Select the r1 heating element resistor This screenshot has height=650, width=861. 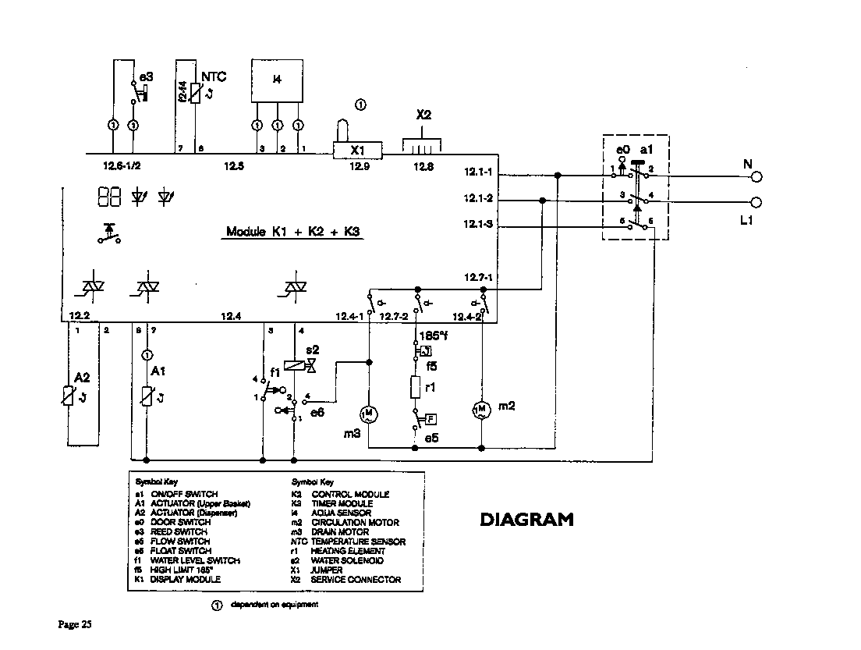click(x=416, y=385)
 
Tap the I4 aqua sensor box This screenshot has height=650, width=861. click(x=277, y=80)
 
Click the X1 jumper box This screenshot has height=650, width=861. click(x=357, y=149)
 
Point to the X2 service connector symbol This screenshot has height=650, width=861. click(x=422, y=145)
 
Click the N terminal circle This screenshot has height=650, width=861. click(x=756, y=176)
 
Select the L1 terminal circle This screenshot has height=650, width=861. click(x=756, y=202)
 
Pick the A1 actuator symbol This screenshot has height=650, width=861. click(x=147, y=396)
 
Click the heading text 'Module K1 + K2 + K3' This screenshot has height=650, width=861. click(x=294, y=232)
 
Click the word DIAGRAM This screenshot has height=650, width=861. click(x=526, y=519)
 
